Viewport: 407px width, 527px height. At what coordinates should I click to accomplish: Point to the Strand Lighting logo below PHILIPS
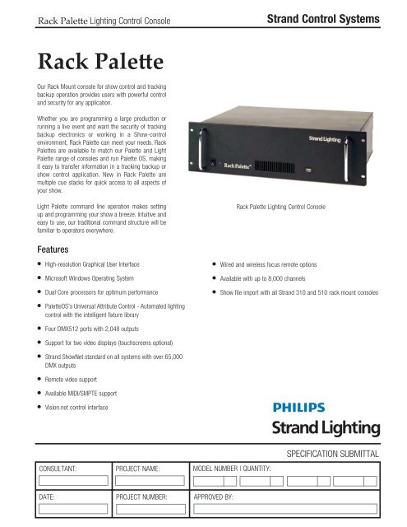click(x=327, y=427)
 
